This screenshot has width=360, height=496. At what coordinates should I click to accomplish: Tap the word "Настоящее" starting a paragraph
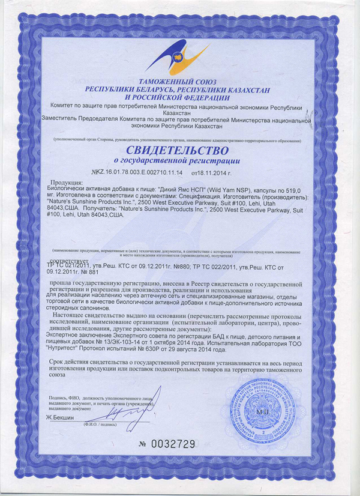point(71,314)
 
